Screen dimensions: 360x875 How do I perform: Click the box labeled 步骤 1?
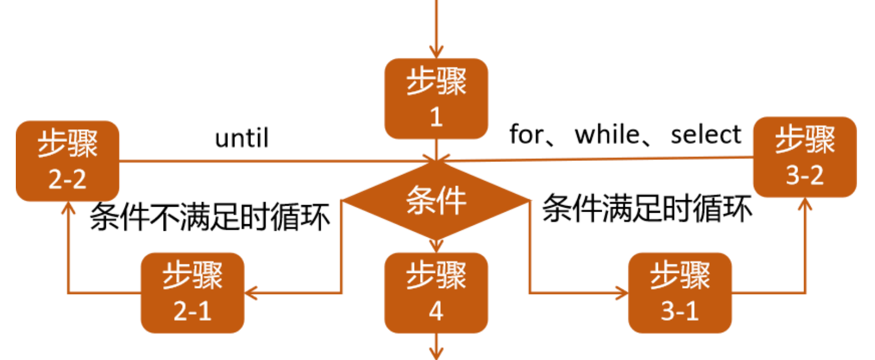tap(436, 99)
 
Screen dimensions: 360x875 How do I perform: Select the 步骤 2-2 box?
tap(68, 161)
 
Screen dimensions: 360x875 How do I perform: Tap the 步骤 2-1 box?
tap(193, 293)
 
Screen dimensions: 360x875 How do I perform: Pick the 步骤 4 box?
tap(436, 293)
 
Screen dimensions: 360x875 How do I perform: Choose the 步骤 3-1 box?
tap(680, 293)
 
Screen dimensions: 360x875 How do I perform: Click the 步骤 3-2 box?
tap(805, 157)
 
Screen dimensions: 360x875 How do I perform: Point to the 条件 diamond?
tap(436, 201)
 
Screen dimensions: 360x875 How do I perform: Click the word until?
tap(242, 138)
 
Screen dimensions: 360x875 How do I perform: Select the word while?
tap(607, 134)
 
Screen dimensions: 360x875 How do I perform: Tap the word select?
tap(706, 134)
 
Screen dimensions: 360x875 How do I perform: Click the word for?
tap(527, 134)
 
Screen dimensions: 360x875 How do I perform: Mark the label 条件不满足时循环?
tap(210, 217)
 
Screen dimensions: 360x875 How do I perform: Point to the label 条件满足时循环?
tap(647, 208)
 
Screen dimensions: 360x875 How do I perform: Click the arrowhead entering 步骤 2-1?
tap(250, 293)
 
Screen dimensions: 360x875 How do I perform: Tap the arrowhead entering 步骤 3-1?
tap(622, 293)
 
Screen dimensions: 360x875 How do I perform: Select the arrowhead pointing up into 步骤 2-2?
tap(68, 207)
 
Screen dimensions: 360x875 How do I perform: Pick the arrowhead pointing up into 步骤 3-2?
tap(805, 203)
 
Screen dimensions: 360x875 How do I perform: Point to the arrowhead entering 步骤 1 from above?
tap(436, 52)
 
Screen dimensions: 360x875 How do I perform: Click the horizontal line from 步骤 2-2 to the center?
tap(273, 161)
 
